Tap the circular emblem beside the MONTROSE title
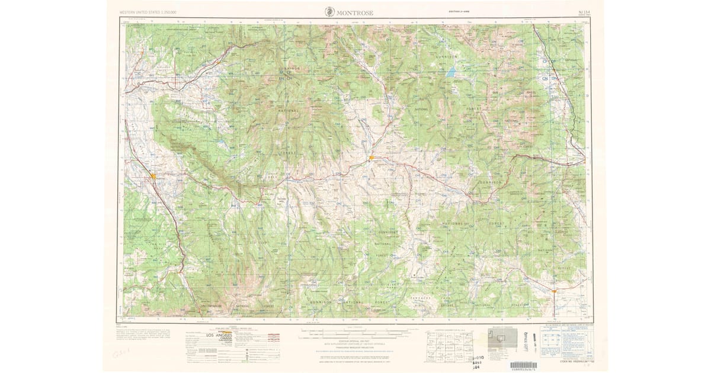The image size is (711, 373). [x=329, y=12]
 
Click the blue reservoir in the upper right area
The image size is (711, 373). [x=452, y=74]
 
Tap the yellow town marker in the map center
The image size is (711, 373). [x=371, y=157]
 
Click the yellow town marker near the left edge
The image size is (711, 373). [x=153, y=176]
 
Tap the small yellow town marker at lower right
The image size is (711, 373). [x=553, y=291]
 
